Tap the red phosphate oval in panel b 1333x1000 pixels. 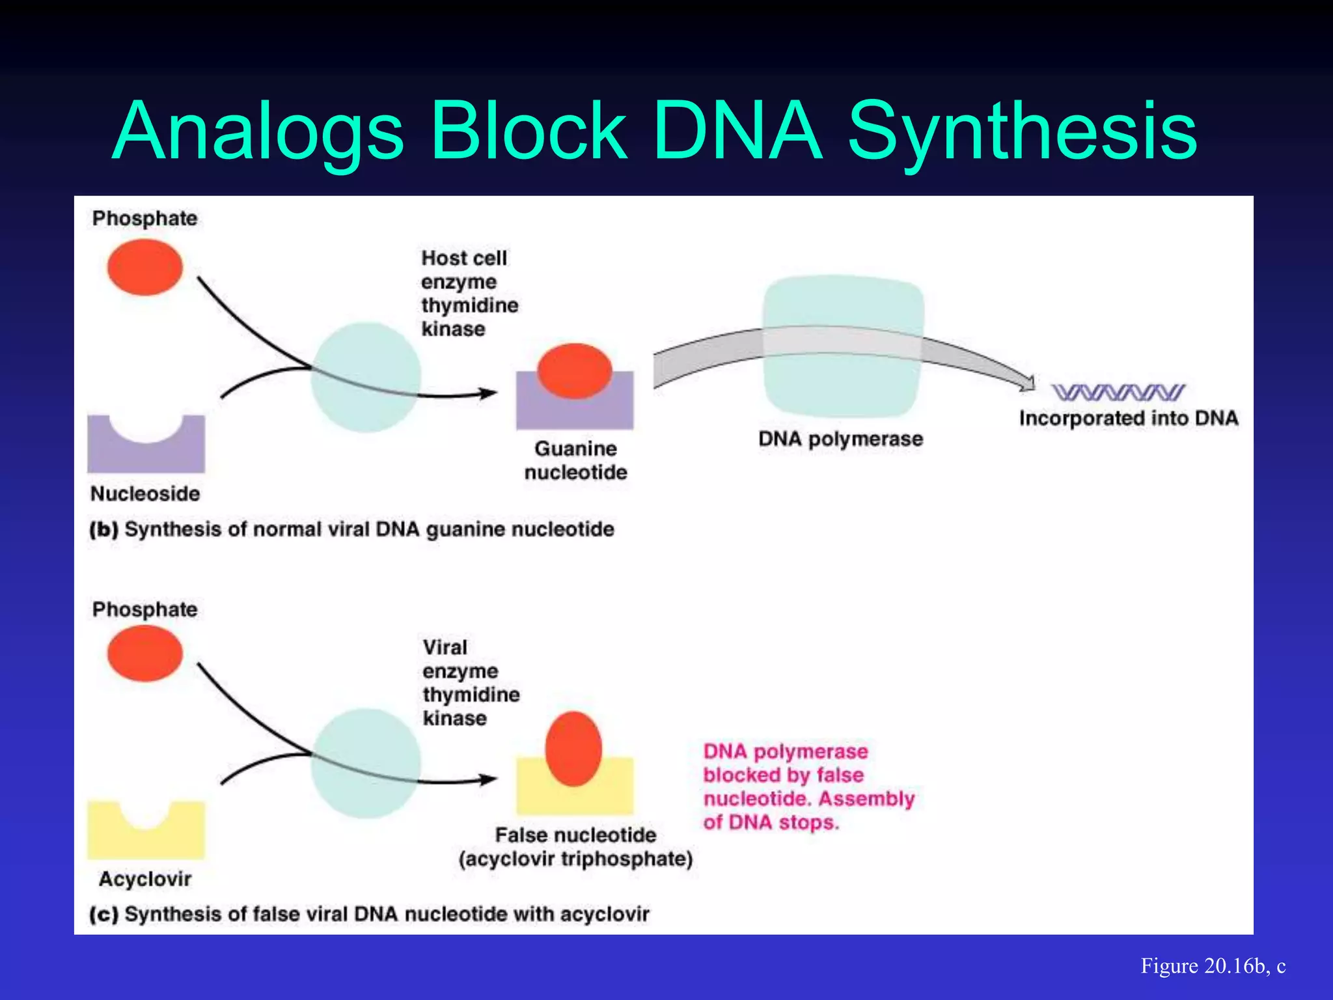click(144, 267)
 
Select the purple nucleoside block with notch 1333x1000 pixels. click(146, 453)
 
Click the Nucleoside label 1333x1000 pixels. click(144, 493)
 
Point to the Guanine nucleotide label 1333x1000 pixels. click(575, 460)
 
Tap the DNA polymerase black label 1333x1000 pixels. click(840, 439)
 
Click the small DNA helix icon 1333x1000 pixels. click(1118, 392)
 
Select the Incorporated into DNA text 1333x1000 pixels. click(1128, 418)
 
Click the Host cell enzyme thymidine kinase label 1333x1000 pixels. click(469, 293)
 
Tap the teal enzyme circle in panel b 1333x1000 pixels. click(365, 378)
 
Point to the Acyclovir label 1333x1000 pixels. click(144, 879)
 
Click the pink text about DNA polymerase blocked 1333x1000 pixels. click(808, 786)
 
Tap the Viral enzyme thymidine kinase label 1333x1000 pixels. click(470, 682)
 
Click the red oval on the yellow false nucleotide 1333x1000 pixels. click(573, 749)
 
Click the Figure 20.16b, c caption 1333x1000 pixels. click(1213, 965)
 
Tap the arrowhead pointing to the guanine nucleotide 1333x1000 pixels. click(488, 393)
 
